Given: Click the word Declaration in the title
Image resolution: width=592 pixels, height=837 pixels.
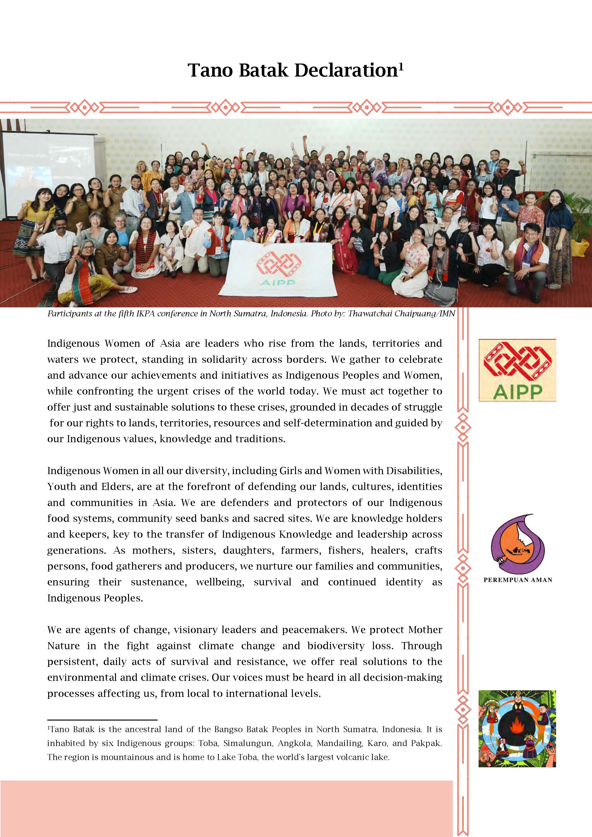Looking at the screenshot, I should tap(346, 70).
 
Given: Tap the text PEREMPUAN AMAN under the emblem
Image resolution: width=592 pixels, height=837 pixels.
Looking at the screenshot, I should tap(518, 580).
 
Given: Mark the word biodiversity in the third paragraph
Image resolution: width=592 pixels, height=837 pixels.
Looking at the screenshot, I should tap(336, 646).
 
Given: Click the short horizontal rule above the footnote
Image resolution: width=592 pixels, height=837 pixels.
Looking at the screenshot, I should tap(102, 720).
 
